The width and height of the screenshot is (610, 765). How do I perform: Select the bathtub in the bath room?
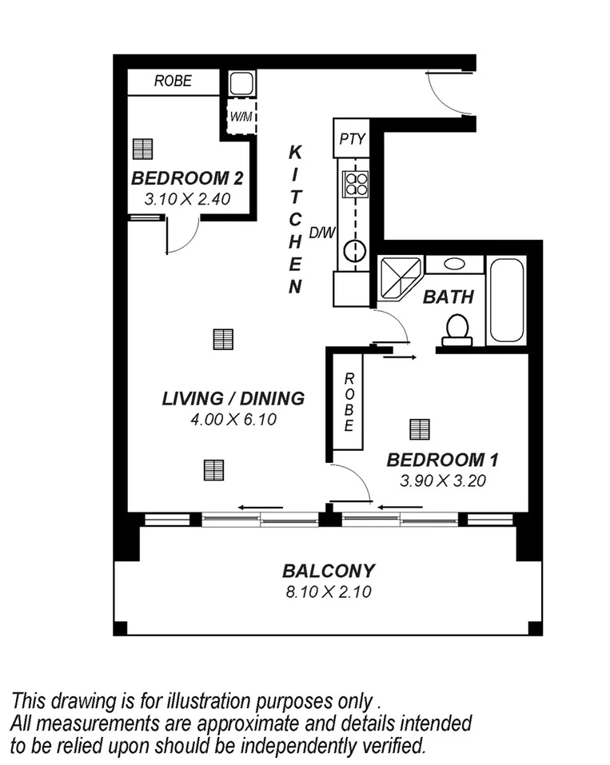click(x=505, y=300)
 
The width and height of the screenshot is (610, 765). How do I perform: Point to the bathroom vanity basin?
click(x=453, y=264)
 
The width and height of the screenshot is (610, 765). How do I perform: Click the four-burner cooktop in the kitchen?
click(x=355, y=185)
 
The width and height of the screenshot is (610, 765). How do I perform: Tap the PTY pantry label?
click(x=352, y=139)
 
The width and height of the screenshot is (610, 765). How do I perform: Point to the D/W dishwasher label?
click(x=321, y=233)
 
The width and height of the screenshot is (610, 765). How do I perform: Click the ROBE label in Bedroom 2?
click(x=172, y=82)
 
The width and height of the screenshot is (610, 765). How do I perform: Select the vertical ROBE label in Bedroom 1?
click(x=349, y=403)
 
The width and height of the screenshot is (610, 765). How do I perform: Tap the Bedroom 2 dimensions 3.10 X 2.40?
click(x=187, y=199)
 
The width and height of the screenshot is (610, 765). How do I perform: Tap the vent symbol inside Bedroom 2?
click(x=143, y=149)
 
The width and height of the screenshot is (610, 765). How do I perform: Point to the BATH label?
click(x=448, y=297)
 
